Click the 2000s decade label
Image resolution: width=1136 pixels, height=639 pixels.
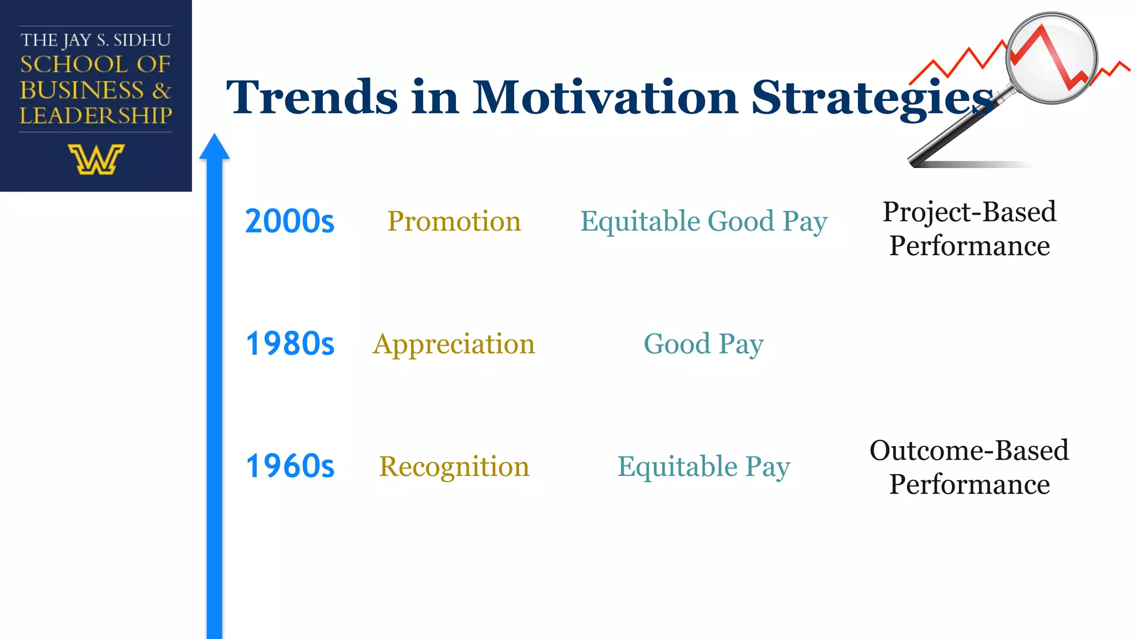click(x=290, y=221)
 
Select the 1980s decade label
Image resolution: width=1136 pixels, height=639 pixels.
click(x=290, y=343)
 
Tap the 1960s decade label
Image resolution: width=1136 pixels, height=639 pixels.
click(x=290, y=466)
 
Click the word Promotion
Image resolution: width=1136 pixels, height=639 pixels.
click(x=454, y=221)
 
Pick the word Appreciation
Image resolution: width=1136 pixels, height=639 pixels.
click(x=454, y=344)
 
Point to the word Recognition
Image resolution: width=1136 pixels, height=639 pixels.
click(x=454, y=466)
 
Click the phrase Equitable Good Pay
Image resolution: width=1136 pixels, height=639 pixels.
click(x=703, y=221)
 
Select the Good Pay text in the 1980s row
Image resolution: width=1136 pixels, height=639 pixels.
click(x=703, y=344)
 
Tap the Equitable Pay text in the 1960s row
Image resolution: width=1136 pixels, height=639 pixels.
click(x=703, y=466)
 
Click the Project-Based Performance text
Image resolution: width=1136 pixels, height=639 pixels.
click(x=969, y=229)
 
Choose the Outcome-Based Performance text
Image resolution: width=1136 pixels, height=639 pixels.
click(x=969, y=467)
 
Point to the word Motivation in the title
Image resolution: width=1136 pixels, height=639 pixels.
click(x=605, y=98)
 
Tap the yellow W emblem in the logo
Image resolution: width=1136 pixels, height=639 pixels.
click(x=96, y=160)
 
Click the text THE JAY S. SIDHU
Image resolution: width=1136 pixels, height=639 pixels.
click(x=96, y=40)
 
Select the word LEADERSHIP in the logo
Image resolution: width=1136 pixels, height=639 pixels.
click(x=96, y=115)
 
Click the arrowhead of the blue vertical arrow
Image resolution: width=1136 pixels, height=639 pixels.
click(x=214, y=147)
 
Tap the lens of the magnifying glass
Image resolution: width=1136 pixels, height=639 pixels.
click(x=1051, y=58)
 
